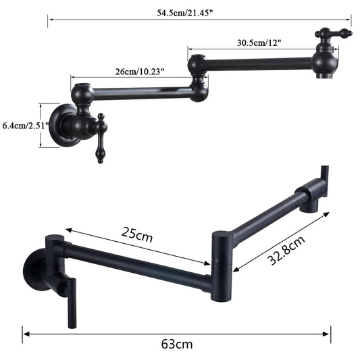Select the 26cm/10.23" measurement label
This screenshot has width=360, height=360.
(x=138, y=70)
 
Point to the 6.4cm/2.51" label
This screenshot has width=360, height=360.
(x=23, y=126)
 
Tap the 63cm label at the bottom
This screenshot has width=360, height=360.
(x=176, y=344)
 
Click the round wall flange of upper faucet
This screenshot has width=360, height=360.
(x=66, y=125)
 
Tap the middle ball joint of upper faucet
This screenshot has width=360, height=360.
(x=198, y=66)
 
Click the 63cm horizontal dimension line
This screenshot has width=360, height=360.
(x=176, y=332)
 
